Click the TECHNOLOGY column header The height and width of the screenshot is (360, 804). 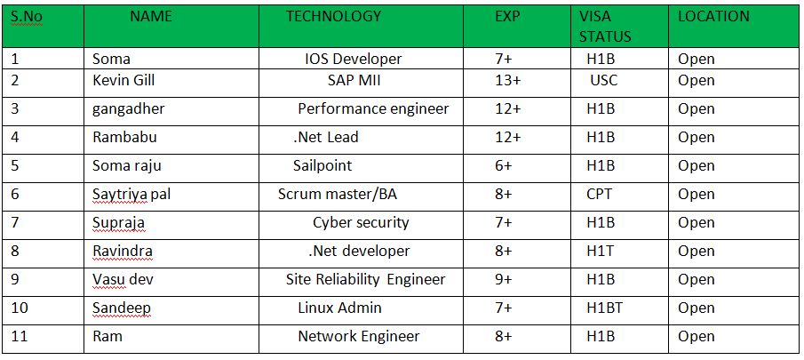(333, 16)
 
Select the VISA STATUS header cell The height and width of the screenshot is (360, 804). (605, 27)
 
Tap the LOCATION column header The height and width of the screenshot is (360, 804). (713, 16)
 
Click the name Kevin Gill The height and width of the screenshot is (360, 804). (124, 81)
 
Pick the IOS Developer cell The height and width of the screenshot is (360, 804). (353, 60)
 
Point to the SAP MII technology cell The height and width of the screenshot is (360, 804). (354, 81)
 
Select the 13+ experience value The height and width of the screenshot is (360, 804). (507, 81)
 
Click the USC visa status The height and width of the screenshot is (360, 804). (604, 81)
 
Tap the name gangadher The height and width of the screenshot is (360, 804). (129, 109)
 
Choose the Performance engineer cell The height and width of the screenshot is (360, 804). (373, 109)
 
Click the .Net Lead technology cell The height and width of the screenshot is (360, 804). (326, 138)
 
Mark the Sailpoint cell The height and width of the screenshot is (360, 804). (322, 166)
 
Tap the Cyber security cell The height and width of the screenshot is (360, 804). (361, 223)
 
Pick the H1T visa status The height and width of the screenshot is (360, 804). (601, 252)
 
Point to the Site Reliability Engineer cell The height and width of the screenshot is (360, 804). (365, 280)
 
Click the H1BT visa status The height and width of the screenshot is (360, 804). (605, 308)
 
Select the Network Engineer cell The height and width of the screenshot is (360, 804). (359, 337)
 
